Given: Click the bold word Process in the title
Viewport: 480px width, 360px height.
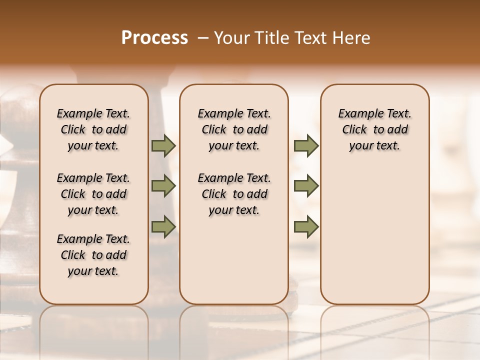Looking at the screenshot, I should point(154,38).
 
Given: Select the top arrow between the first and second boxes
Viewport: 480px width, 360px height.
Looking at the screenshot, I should point(163,145).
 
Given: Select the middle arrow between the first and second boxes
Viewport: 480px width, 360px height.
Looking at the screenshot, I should point(163,186).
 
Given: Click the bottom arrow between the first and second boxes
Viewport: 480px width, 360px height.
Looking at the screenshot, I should point(163,226).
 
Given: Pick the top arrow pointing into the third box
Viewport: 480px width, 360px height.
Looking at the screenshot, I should point(306,145).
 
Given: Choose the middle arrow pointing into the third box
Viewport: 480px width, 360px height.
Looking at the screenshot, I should point(306,186).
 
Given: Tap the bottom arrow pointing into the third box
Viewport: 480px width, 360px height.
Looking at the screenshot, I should point(306,226).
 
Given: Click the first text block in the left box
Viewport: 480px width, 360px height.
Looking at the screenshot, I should point(93,129).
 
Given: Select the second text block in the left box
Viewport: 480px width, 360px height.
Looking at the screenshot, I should point(93,194).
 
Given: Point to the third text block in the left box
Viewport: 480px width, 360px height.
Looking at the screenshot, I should point(93,255).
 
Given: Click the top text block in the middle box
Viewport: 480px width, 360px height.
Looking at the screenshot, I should point(234,129).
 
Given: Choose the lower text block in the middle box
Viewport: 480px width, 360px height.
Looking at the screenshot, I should point(234,194).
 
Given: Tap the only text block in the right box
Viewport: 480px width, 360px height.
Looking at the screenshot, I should point(375,129).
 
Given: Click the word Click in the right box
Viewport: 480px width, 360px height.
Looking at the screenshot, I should point(354,129).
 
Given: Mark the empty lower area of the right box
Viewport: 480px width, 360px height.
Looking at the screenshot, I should point(375,230).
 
